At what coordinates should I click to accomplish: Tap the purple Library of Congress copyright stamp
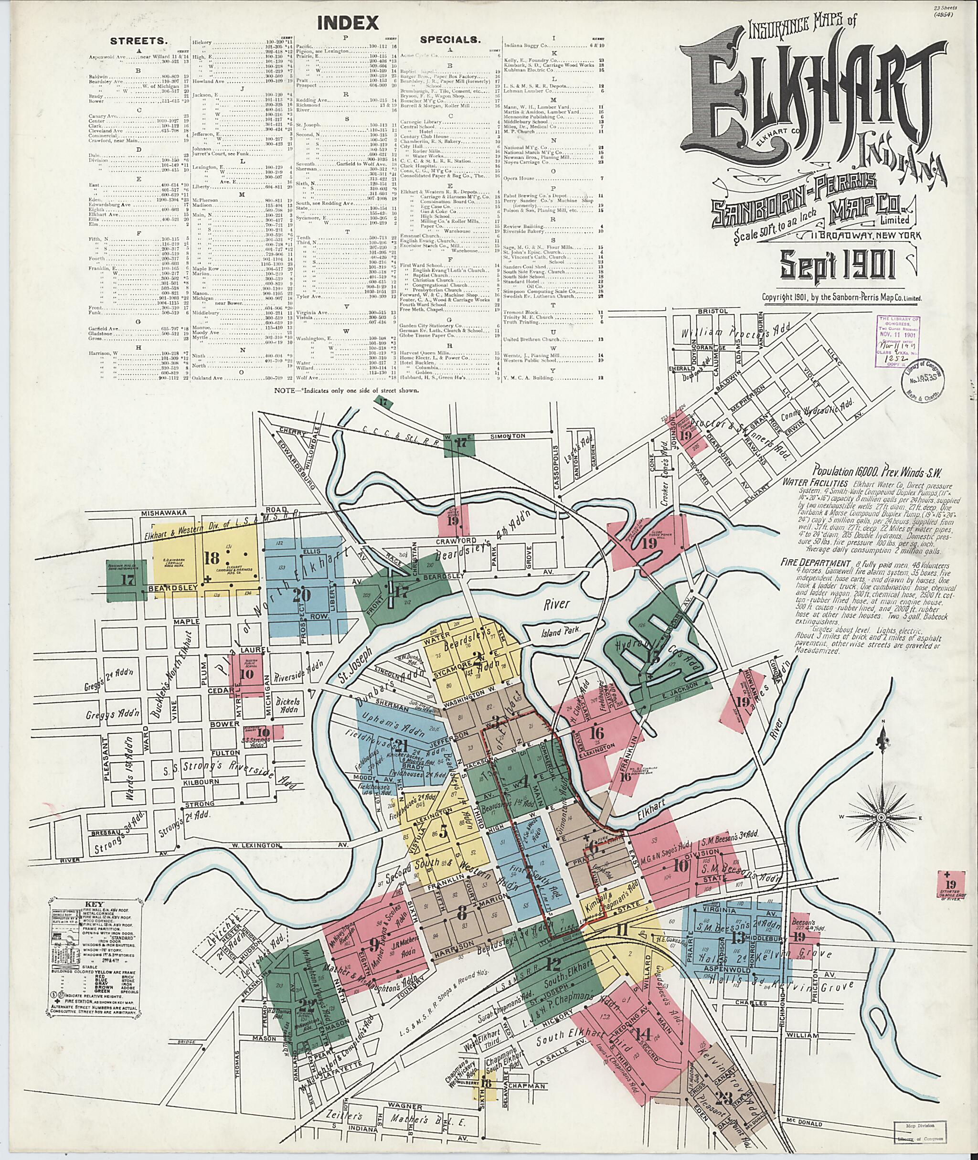(x=897, y=342)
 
